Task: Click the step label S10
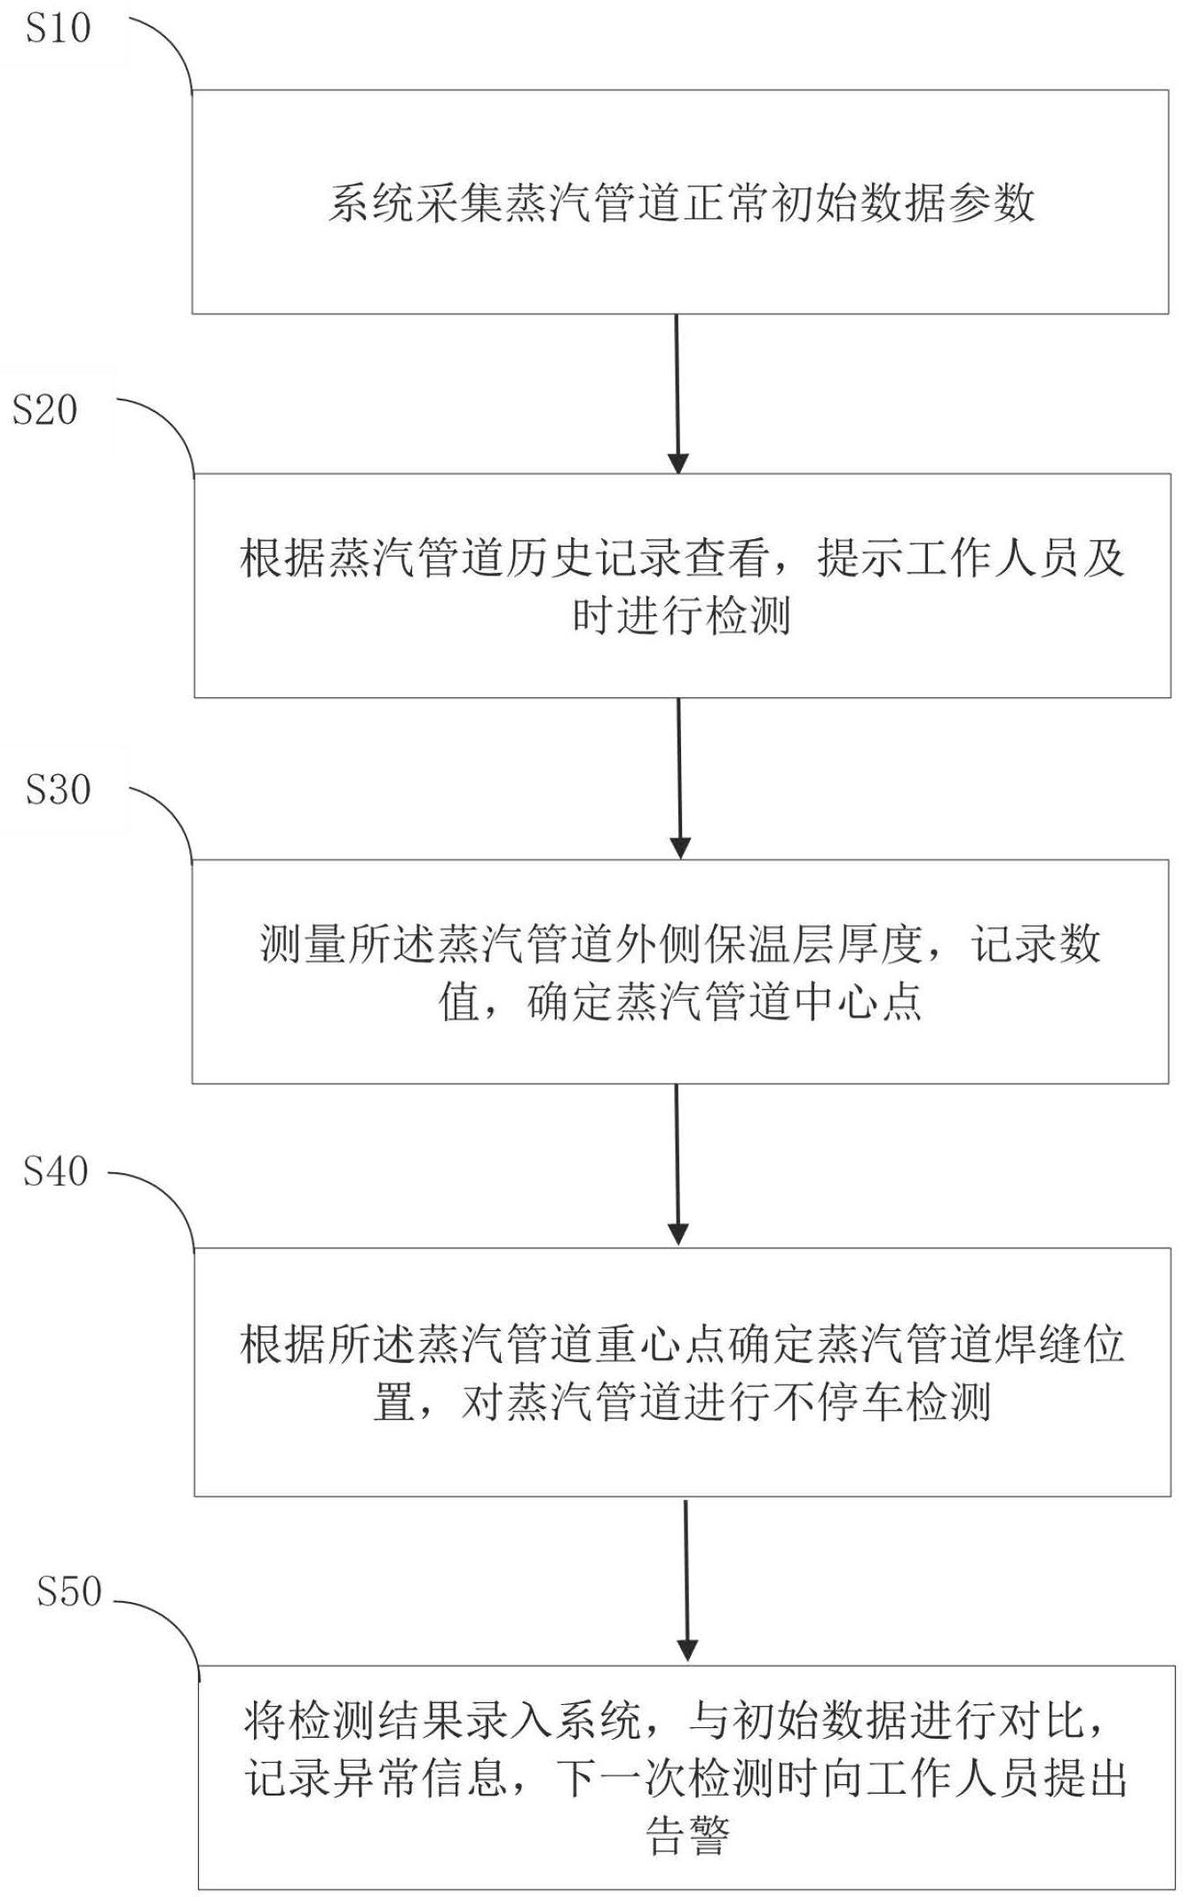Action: click(58, 28)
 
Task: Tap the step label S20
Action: click(44, 410)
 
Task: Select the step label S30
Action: click(58, 790)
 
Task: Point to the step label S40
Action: click(55, 1172)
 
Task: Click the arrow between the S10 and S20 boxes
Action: click(678, 394)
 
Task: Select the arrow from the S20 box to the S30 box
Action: click(679, 779)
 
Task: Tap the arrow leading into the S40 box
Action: click(678, 1164)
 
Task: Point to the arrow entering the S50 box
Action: click(686, 1581)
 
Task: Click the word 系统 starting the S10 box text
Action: click(372, 203)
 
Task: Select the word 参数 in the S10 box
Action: click(992, 203)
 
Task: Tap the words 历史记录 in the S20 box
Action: click(594, 559)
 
